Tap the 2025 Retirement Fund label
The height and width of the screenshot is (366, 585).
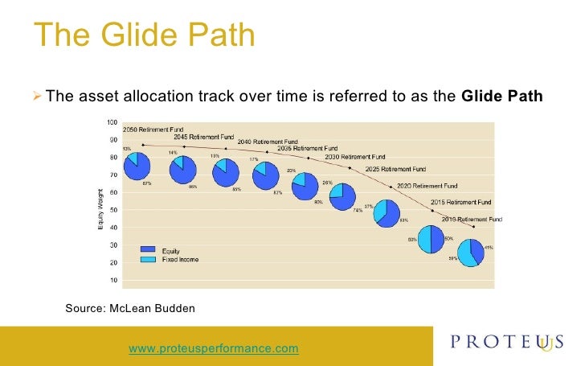[x=395, y=169]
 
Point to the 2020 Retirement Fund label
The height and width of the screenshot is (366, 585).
[x=428, y=185]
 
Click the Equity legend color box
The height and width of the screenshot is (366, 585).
[x=148, y=249]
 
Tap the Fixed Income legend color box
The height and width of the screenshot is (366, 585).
[x=148, y=259]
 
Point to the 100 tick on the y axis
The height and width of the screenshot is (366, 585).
[x=111, y=122]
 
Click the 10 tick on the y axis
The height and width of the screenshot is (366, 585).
[x=112, y=280]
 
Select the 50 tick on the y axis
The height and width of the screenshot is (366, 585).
[x=112, y=210]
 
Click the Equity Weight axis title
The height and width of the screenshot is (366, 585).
[x=100, y=208]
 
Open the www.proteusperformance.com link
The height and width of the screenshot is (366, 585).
[x=213, y=348]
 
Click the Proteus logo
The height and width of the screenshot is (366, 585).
[x=507, y=343]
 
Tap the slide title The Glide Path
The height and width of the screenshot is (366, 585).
[x=144, y=36]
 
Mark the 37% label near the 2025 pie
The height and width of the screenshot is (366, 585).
[x=368, y=207]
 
